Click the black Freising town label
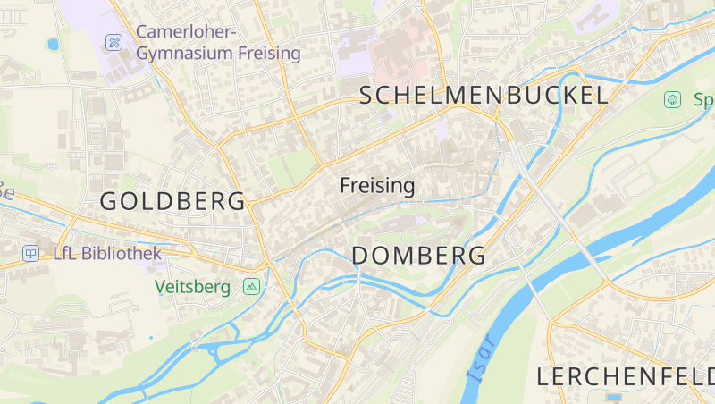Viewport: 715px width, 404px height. click(x=377, y=186)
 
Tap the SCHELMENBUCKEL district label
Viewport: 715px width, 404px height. click(x=484, y=96)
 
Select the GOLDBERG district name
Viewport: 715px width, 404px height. click(x=172, y=201)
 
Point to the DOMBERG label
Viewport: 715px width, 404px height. click(x=419, y=256)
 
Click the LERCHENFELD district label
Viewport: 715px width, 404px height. click(x=625, y=376)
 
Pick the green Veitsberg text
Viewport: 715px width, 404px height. click(x=192, y=287)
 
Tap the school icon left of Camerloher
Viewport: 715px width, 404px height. click(x=114, y=42)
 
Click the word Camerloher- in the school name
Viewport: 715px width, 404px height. click(x=186, y=32)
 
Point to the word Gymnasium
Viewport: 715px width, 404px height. click(x=184, y=54)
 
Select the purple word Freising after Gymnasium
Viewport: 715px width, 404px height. click(x=269, y=54)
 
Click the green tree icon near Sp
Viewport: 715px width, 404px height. click(x=671, y=99)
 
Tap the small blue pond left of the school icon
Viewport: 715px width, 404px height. click(x=53, y=43)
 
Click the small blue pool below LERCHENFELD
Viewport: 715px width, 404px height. click(x=612, y=396)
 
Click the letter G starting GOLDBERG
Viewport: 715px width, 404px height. click(x=108, y=201)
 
